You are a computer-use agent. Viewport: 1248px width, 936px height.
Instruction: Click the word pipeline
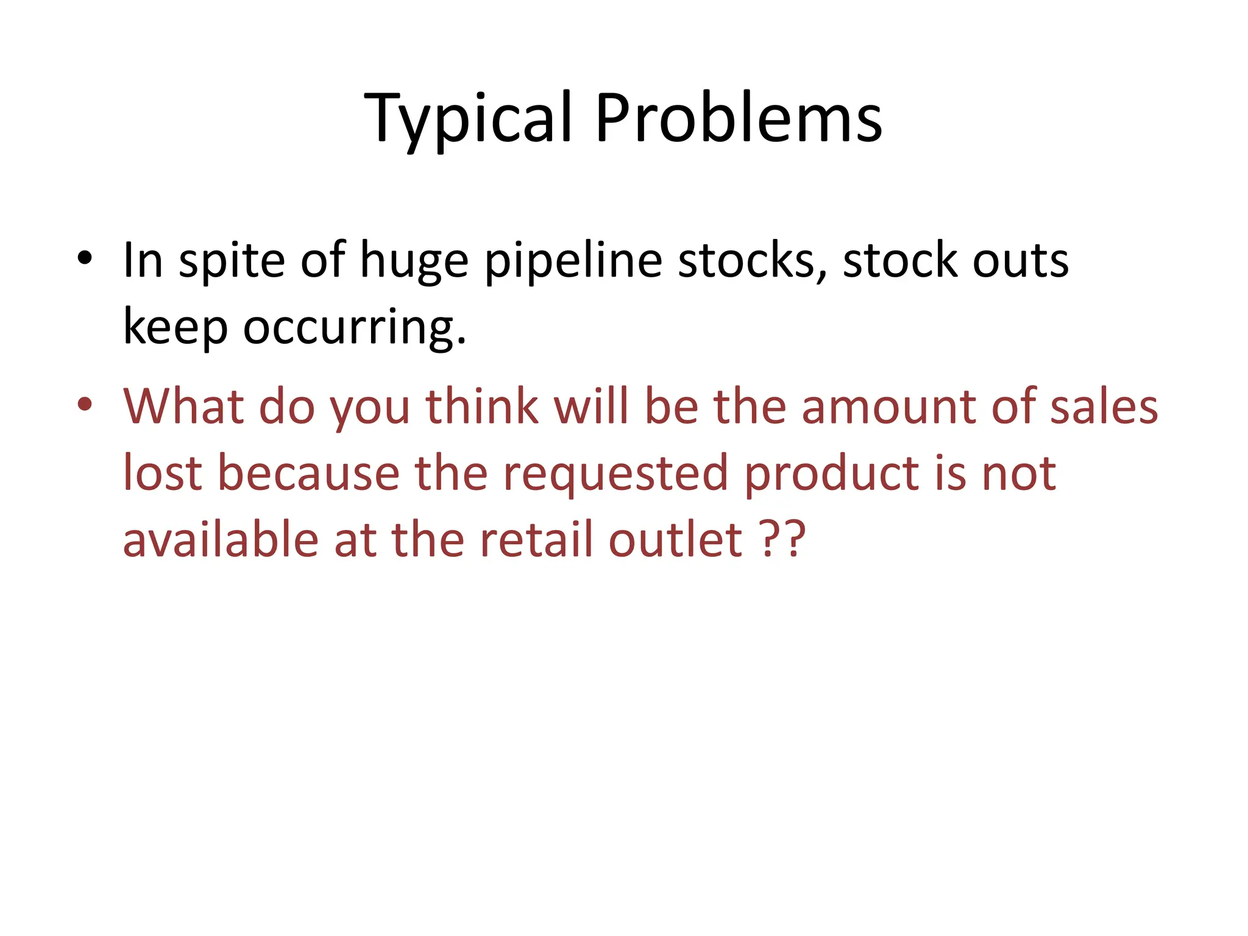tap(573, 261)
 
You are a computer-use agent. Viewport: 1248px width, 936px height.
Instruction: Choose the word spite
tap(232, 261)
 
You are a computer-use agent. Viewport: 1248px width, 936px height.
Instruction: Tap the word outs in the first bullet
tap(1020, 261)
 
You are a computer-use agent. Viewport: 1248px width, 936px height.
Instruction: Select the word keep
tap(175, 328)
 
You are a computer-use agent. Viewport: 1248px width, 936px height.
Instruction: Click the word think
tap(481, 406)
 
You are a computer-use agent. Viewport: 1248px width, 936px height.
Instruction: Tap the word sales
tap(1104, 406)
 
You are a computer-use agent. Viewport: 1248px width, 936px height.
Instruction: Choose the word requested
tap(614, 474)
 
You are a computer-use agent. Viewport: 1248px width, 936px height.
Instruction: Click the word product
tap(832, 474)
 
